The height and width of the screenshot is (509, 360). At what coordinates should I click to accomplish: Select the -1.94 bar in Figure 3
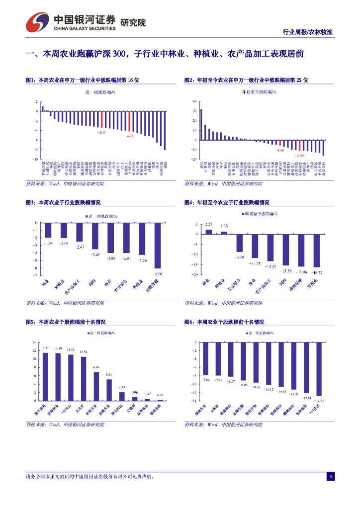(48, 230)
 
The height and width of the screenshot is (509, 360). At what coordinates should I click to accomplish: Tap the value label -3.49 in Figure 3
(94, 254)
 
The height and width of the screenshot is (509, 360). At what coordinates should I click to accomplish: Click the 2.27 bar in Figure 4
(208, 231)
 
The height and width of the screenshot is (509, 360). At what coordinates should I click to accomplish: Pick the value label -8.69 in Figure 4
(240, 257)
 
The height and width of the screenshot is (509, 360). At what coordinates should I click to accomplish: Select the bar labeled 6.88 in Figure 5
(96, 386)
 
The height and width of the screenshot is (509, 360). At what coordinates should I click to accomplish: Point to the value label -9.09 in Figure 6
(244, 385)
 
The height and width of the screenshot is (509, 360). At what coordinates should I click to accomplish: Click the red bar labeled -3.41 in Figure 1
(102, 120)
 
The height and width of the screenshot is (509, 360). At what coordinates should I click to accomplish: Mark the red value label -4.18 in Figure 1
(129, 136)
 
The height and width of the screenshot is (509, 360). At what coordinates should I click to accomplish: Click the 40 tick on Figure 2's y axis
(195, 101)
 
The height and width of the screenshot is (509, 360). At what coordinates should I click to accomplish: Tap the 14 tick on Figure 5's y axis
(34, 342)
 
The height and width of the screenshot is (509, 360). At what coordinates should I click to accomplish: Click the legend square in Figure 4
(244, 214)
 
